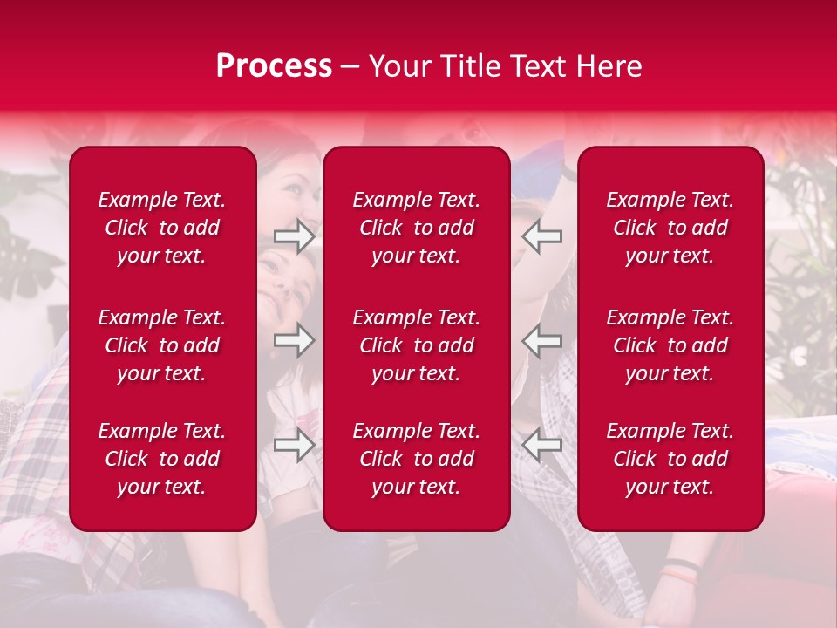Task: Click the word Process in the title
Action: click(x=274, y=66)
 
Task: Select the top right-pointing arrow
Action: click(x=294, y=236)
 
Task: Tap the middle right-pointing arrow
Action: click(x=294, y=340)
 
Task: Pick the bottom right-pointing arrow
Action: click(x=294, y=445)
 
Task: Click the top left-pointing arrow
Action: click(x=542, y=236)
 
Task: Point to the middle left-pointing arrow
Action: click(x=542, y=340)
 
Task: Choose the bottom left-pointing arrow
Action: click(x=542, y=445)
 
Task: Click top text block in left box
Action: click(x=162, y=228)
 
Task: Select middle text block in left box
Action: click(x=162, y=345)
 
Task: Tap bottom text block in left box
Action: click(x=162, y=459)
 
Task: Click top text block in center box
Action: click(x=416, y=228)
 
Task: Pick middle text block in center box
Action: click(x=416, y=345)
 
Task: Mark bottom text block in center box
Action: click(x=416, y=459)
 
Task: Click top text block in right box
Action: click(x=670, y=228)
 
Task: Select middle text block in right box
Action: click(x=670, y=345)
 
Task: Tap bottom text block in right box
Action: click(x=670, y=459)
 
